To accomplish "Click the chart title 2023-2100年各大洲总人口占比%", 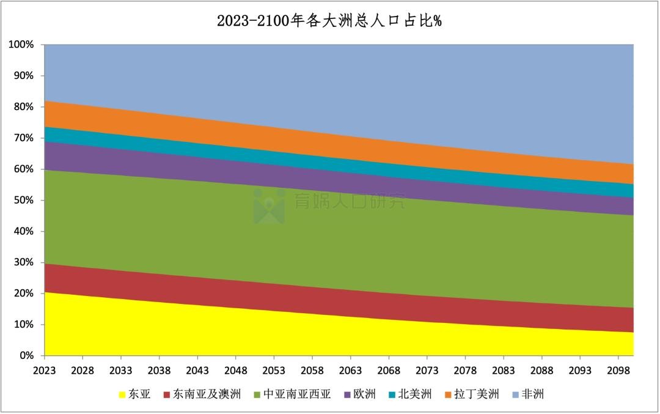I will [x=329, y=20].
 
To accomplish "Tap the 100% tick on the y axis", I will [x=21, y=45].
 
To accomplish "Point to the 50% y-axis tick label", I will [x=24, y=200].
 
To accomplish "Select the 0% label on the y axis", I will [x=26, y=355].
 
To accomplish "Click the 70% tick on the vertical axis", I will [x=24, y=138].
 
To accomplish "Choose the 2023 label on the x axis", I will [x=45, y=371].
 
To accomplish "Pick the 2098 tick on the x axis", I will [x=618, y=371].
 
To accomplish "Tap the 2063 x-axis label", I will [x=350, y=371].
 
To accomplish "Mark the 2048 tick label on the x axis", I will [x=236, y=371].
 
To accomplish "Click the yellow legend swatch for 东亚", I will [x=123, y=394].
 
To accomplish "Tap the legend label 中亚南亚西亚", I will [x=297, y=394].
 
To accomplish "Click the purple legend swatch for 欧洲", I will [x=348, y=394].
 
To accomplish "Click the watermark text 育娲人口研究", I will [x=349, y=201].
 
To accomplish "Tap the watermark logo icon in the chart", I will [x=269, y=205].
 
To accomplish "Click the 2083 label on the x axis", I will [x=503, y=371].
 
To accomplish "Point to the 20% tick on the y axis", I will [x=24, y=293].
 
